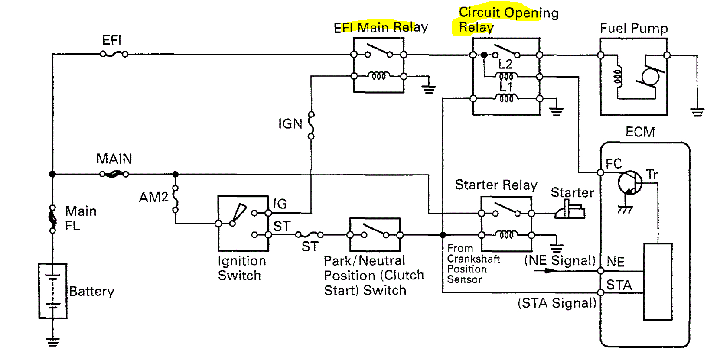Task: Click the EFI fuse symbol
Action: click(x=114, y=54)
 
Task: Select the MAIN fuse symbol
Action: click(x=114, y=174)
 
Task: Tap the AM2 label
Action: click(x=153, y=198)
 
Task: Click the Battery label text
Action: click(x=91, y=292)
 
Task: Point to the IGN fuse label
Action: click(x=290, y=124)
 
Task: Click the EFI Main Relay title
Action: click(x=381, y=28)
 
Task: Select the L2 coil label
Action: click(x=505, y=65)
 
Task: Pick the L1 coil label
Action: click(x=506, y=87)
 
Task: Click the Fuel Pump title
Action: click(x=634, y=29)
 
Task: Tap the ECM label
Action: click(x=640, y=132)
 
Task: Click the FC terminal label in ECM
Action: click(x=614, y=164)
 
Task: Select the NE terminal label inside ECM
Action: click(x=616, y=262)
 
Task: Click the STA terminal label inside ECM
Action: click(x=619, y=285)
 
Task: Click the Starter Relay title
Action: click(x=496, y=185)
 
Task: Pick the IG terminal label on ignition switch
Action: click(x=280, y=204)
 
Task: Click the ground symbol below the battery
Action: click(x=53, y=342)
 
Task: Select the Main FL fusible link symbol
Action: click(x=52, y=219)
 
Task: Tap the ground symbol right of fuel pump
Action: click(x=697, y=112)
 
